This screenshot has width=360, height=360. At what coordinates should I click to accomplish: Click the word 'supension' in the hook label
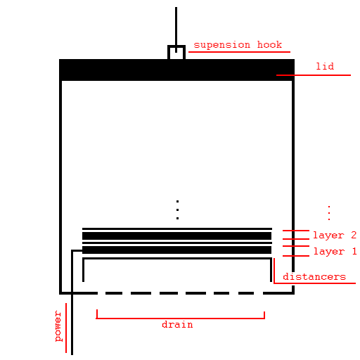coord(221,45)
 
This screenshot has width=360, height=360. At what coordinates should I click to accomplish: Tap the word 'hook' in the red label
coord(269,44)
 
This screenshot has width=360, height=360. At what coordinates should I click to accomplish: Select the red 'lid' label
coord(325,66)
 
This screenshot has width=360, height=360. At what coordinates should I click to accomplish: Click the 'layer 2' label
coord(335,235)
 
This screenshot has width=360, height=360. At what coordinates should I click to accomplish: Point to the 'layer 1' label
coord(335,251)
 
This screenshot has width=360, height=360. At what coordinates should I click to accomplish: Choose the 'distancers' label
coord(314,276)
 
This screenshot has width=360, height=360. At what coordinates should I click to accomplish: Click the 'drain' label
coord(177,324)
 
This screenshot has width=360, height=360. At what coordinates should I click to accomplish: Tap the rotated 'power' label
coord(58,326)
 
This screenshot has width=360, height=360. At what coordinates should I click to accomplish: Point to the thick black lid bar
coord(176,70)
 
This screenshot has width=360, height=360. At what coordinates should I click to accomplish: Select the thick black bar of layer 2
coord(176,236)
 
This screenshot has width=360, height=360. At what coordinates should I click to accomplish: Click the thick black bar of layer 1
coord(176,250)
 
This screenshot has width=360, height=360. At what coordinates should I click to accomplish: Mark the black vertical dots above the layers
coord(177,210)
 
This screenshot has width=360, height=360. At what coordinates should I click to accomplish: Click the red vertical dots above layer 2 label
coord(329,213)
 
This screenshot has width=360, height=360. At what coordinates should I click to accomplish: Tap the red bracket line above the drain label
coord(181,318)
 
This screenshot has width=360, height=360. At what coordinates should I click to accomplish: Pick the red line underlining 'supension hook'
coord(239,52)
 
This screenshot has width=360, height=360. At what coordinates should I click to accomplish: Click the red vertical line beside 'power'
coord(66,328)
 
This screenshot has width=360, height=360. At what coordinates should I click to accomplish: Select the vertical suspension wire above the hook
coord(176,30)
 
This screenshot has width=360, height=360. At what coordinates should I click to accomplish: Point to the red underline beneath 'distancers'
coord(314,283)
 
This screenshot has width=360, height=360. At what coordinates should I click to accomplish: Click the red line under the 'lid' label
coord(314,75)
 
